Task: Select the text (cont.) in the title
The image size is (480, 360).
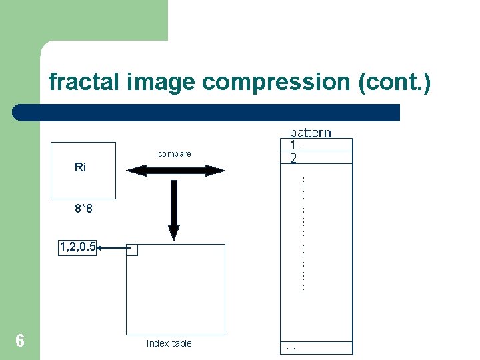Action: [395, 83]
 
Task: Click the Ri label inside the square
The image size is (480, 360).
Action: [80, 167]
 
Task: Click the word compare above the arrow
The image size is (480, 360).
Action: [175, 154]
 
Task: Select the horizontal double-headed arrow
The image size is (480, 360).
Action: [175, 171]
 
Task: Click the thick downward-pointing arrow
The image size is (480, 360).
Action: [174, 209]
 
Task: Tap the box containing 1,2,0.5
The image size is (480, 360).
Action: [77, 247]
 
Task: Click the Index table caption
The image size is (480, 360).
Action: [169, 343]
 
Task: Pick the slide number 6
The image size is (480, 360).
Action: [20, 341]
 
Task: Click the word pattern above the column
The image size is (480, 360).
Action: [310, 132]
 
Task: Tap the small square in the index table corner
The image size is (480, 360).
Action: [132, 249]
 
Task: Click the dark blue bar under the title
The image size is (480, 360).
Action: [207, 112]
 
